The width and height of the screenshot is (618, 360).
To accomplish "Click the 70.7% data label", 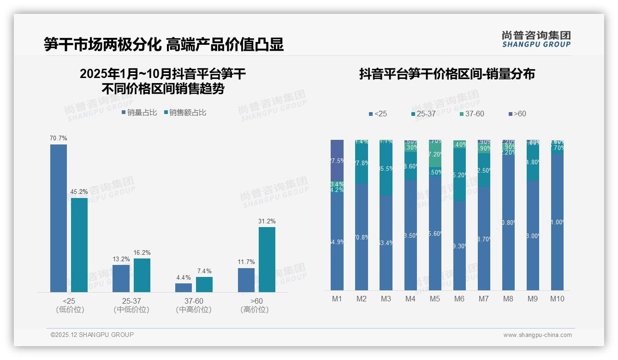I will pyautogui.click(x=59, y=138).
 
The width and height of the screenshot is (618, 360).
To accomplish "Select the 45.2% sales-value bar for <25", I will pyautogui.click(x=79, y=245).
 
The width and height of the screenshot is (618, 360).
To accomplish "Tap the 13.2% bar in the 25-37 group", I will pyautogui.click(x=121, y=278).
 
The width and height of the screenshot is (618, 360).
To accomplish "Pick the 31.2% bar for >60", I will pyautogui.click(x=267, y=259).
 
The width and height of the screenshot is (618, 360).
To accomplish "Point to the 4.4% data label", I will pyautogui.click(x=183, y=278).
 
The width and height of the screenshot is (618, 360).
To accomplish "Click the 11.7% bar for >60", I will pyautogui.click(x=246, y=280).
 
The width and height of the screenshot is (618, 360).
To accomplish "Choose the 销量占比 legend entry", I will pyautogui.click(x=139, y=113).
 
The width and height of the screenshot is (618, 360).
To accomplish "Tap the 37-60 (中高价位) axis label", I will pyautogui.click(x=194, y=306).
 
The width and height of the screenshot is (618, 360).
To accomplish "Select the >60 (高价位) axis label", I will pyautogui.click(x=255, y=306).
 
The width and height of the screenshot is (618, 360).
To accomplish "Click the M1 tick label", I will pyautogui.click(x=337, y=299).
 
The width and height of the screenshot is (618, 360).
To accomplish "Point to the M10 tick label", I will pyautogui.click(x=557, y=299).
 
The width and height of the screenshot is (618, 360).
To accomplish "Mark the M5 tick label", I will pyautogui.click(x=435, y=299).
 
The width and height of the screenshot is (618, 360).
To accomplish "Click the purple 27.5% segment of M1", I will pyautogui.click(x=337, y=160).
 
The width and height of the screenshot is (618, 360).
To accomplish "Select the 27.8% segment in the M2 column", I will pyautogui.click(x=362, y=163).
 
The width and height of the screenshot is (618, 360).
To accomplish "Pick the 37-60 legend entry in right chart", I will pyautogui.click(x=472, y=114).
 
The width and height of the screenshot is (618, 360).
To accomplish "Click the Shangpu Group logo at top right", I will pyautogui.click(x=536, y=39).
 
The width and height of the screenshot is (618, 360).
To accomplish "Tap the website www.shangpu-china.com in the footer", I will pyautogui.click(x=537, y=335).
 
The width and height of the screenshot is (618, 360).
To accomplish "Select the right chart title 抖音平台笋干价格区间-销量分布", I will pyautogui.click(x=447, y=74).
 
